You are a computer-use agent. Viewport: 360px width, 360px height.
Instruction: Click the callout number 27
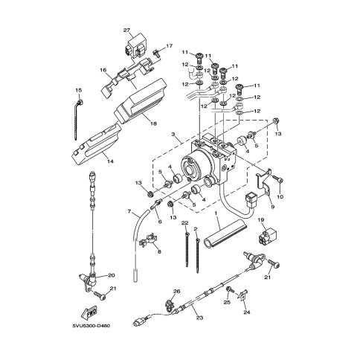point(126,30)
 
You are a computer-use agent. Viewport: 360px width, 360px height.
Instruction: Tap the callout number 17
point(169,46)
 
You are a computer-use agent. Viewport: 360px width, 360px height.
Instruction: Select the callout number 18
point(154,123)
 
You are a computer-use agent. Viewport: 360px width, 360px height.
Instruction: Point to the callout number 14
point(111,161)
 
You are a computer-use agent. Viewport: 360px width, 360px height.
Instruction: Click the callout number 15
point(78,91)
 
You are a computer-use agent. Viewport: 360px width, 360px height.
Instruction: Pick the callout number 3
point(173,134)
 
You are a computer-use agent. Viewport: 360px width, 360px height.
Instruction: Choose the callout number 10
point(280,197)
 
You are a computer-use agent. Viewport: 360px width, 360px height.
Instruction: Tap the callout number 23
point(200,318)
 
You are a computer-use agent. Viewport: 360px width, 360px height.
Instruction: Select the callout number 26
point(176,291)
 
